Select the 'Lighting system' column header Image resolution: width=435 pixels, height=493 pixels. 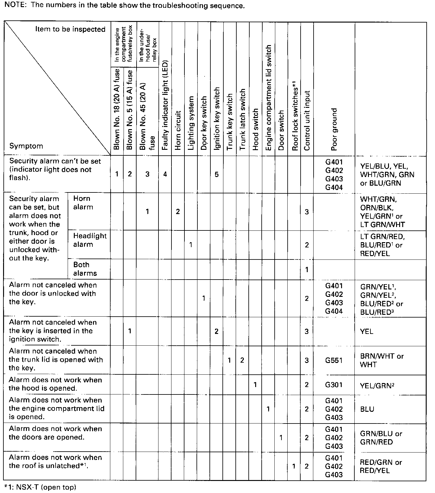pyautogui.click(x=191, y=123)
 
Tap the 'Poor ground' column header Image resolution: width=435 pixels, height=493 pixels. pyautogui.click(x=334, y=129)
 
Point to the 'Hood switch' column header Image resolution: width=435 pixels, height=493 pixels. pyautogui.click(x=255, y=129)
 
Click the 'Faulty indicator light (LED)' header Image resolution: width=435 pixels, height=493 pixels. pyautogui.click(x=165, y=105)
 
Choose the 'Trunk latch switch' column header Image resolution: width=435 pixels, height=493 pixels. pyautogui.click(x=242, y=119)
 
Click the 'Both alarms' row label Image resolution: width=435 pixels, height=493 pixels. pyautogui.click(x=85, y=269)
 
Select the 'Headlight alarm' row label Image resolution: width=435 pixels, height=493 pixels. pyautogui.click(x=90, y=240)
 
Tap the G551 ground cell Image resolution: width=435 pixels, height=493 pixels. pyautogui.click(x=334, y=360)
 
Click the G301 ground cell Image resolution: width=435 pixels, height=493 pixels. pyautogui.click(x=334, y=385)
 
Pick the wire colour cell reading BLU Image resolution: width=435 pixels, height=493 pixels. pyautogui.click(x=367, y=409)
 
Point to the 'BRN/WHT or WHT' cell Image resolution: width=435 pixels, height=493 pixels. pyautogui.click(x=382, y=360)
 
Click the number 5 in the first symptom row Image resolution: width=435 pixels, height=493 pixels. pyautogui.click(x=217, y=175)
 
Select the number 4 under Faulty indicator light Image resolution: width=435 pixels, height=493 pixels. pyautogui.click(x=165, y=175)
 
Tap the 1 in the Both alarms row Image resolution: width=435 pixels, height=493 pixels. pyautogui.click(x=306, y=269)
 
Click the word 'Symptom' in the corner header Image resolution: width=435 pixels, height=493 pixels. pyautogui.click(x=26, y=146)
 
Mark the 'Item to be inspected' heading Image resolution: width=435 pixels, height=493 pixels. pyautogui.click(x=70, y=29)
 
